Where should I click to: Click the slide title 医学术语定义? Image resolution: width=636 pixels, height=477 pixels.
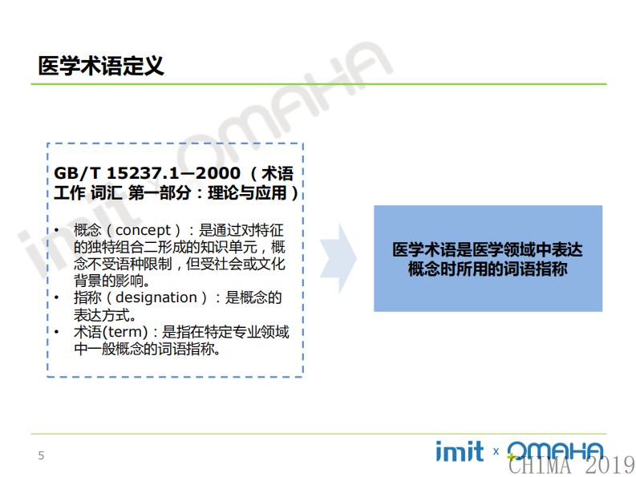[x=101, y=65]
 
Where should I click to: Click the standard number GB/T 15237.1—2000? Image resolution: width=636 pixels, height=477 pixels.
[x=147, y=173]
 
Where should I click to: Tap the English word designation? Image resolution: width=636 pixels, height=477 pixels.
[x=156, y=298]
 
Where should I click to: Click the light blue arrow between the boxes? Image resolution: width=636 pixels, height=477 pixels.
[x=338, y=258]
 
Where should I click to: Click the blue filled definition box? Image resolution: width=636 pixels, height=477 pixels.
[x=488, y=258]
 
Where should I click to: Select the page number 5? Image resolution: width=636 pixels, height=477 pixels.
[x=42, y=456]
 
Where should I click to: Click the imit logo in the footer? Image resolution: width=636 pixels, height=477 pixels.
[x=460, y=451]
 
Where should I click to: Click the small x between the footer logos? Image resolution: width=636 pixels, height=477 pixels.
[x=496, y=452]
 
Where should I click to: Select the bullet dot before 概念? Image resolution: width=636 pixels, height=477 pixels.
[x=57, y=232]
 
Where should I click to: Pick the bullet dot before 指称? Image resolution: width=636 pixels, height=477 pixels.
[x=57, y=298]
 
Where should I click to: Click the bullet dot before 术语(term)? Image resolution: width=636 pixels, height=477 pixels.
[x=57, y=332]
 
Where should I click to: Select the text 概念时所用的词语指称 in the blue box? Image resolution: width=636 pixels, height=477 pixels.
[x=487, y=269]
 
